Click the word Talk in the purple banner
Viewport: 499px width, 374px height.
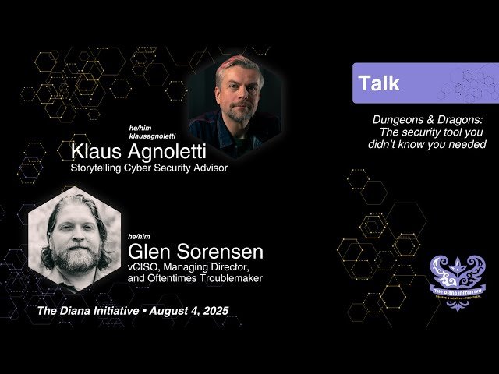(x=378, y=84)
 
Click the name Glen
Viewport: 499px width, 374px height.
(x=150, y=252)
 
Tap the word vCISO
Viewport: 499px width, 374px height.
(x=143, y=266)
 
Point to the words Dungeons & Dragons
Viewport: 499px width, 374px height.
(x=427, y=120)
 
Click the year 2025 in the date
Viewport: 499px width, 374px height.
(x=211, y=311)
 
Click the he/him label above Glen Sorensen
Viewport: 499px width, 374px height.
(x=138, y=236)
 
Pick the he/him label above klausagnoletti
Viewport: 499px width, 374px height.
(x=140, y=127)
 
